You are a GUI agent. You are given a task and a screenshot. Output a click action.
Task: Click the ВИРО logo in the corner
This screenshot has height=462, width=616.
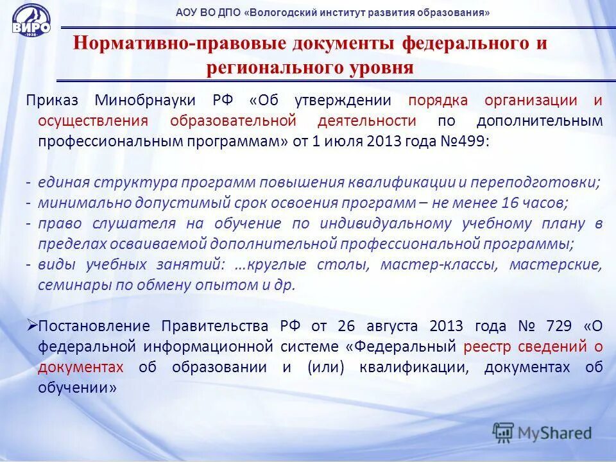tap(30, 24)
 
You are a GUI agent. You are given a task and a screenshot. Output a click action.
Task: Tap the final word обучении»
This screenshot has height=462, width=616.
tap(77, 388)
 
